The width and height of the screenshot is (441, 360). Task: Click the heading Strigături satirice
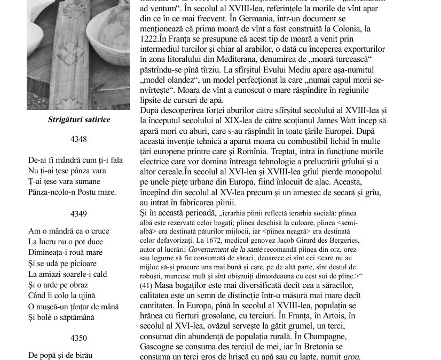point(79,119)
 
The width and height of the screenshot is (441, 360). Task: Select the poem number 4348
point(79,139)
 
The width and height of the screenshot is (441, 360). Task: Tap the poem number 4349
point(79,213)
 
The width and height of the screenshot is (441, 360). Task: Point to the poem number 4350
point(79,338)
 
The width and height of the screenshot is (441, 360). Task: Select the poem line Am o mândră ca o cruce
point(68,231)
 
